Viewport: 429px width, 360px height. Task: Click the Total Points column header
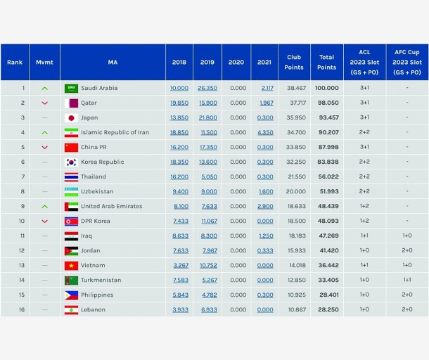(326, 63)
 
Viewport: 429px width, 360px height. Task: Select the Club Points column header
(294, 63)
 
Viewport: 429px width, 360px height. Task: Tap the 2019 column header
(207, 63)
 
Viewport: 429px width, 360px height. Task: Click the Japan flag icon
(71, 117)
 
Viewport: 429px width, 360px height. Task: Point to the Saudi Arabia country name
(99, 89)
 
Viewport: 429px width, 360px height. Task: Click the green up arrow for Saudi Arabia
(44, 89)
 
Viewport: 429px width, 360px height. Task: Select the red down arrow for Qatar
(44, 103)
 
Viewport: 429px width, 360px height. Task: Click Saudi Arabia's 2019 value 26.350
(207, 89)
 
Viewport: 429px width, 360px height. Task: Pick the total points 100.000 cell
(326, 89)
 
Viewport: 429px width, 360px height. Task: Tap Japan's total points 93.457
(326, 117)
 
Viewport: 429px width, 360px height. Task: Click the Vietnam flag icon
(71, 265)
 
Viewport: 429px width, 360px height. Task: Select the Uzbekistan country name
(98, 191)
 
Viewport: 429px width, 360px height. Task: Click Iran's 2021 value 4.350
(265, 132)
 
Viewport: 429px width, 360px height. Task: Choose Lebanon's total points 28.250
(326, 309)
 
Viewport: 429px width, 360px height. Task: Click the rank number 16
(23, 309)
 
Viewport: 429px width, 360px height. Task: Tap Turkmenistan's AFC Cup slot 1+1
(406, 280)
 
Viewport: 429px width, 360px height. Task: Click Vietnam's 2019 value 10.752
(207, 265)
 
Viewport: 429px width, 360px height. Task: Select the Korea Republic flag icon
(71, 162)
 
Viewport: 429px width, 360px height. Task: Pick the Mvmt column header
(44, 63)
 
